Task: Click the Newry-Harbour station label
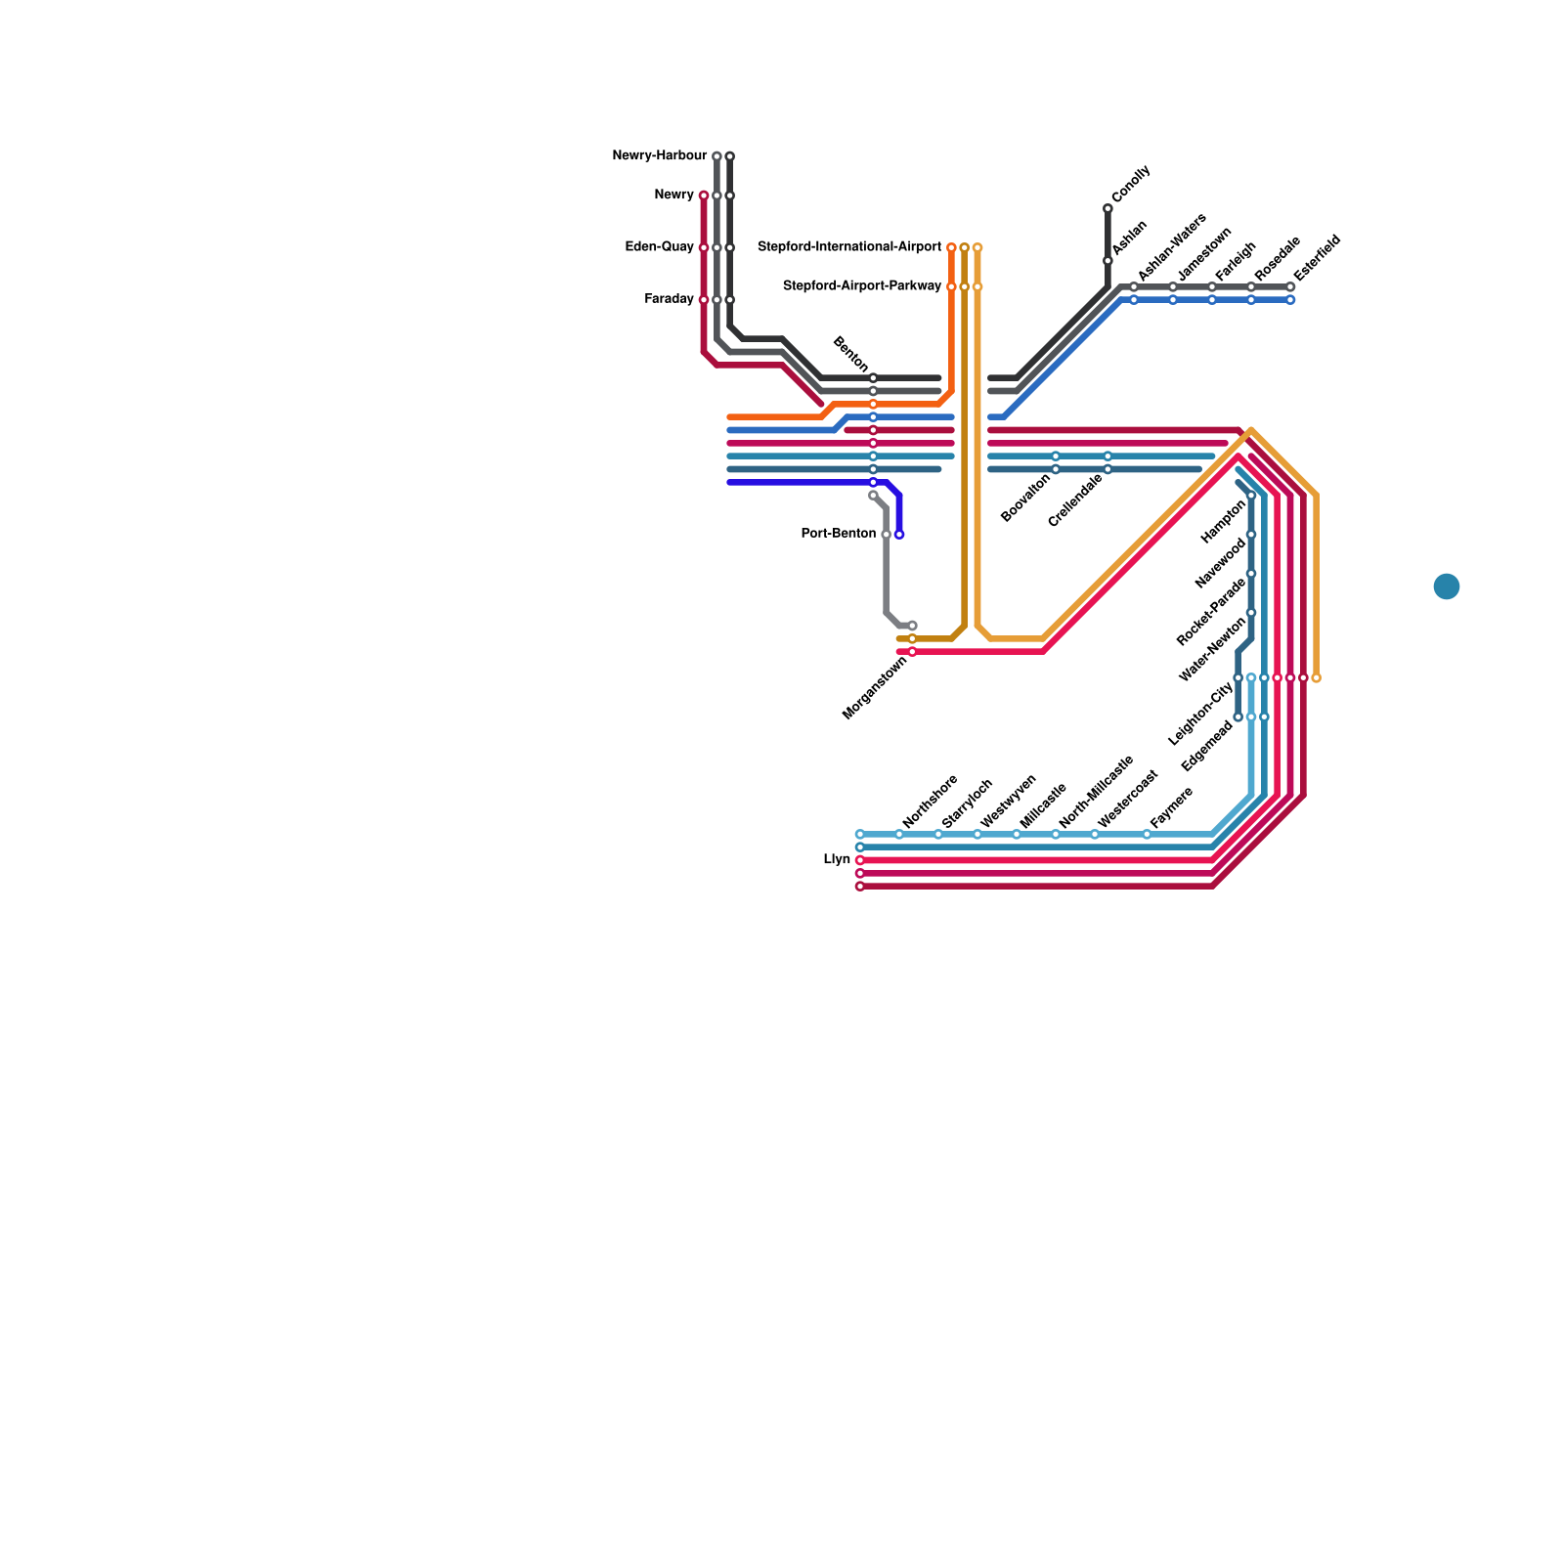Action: [659, 156]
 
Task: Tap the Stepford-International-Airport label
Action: [849, 247]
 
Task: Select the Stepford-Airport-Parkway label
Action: [862, 286]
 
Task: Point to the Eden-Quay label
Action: [659, 247]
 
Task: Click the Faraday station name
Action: [669, 299]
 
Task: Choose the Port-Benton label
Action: [838, 534]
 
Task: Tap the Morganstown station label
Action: [875, 688]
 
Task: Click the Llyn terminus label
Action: [837, 860]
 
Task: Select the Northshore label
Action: [930, 802]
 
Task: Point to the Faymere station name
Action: [1171, 808]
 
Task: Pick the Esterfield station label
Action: [1317, 258]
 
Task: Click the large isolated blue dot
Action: [1447, 586]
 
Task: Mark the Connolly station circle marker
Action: [1108, 209]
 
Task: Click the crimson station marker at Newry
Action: [704, 195]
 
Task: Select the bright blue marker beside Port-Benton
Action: [899, 535]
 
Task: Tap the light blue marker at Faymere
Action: [1147, 835]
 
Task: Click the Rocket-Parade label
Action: [1211, 612]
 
